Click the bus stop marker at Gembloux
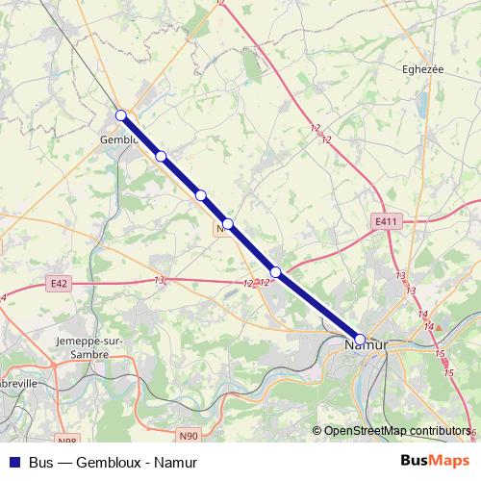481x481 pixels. coord(121,115)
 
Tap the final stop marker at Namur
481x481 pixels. coord(360,339)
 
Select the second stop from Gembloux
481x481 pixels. coord(162,156)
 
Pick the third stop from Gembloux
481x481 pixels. coord(201,195)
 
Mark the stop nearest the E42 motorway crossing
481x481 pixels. coord(276,272)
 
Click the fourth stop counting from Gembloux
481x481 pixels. coord(228,224)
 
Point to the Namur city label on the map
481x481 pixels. coord(366,343)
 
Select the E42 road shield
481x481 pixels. coord(58,284)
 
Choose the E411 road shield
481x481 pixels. coord(385,221)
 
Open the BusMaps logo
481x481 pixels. coord(433,461)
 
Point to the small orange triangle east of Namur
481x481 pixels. coord(438,327)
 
